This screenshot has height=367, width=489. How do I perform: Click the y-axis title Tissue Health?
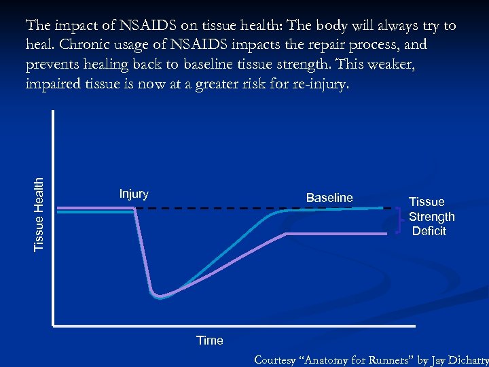tap(39, 213)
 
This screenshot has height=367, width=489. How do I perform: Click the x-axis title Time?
tap(209, 340)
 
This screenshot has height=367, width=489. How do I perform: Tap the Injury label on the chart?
tap(134, 194)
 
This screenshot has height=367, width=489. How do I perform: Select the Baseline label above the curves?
tap(329, 198)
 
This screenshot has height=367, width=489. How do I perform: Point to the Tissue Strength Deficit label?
tap(431, 216)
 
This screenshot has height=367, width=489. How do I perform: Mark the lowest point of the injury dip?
tap(159, 296)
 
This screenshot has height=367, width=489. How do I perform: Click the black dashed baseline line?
tap(224, 209)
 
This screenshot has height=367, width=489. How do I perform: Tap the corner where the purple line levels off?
tap(285, 234)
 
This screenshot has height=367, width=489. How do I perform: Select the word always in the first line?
tap(386, 27)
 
